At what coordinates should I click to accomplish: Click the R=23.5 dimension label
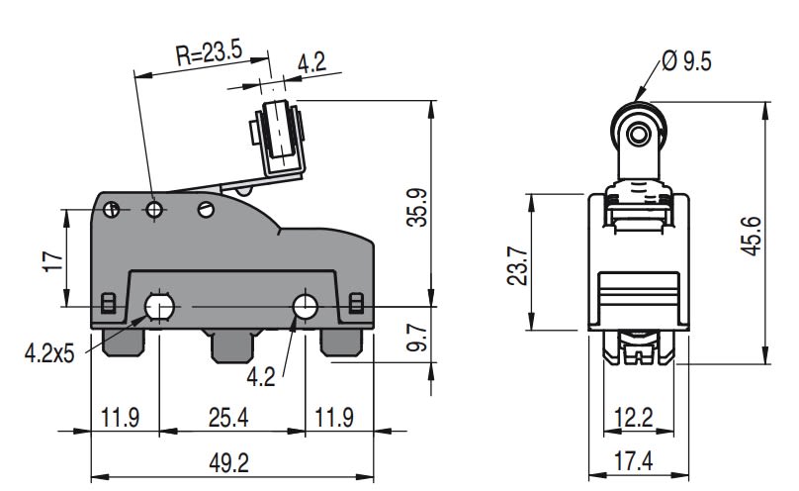click(x=209, y=55)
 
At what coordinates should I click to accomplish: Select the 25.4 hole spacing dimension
click(x=227, y=417)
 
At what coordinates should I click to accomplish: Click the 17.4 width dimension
click(x=633, y=461)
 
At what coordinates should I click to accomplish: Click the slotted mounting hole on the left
click(x=158, y=308)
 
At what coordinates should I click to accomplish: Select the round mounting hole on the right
click(x=305, y=307)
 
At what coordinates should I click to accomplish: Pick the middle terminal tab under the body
click(x=230, y=346)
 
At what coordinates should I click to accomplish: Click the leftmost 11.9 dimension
click(x=119, y=417)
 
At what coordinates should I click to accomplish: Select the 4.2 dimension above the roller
click(x=311, y=63)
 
